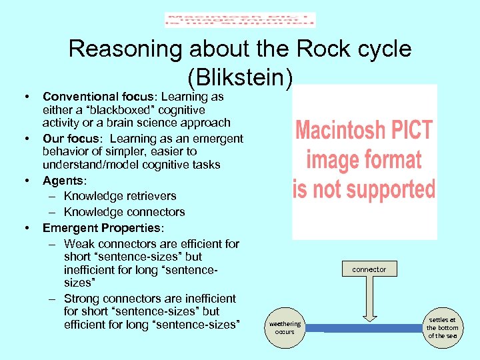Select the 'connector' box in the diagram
point(369,269)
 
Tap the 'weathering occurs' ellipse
point(285,327)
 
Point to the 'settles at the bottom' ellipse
point(442,327)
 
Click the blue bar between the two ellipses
point(363,328)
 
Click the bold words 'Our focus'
point(72,139)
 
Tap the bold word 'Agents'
point(62,180)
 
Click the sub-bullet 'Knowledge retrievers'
point(120,196)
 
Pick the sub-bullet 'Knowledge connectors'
point(124,212)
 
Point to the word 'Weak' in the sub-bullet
point(79,244)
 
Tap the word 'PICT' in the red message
point(408,129)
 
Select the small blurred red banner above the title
point(240,20)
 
